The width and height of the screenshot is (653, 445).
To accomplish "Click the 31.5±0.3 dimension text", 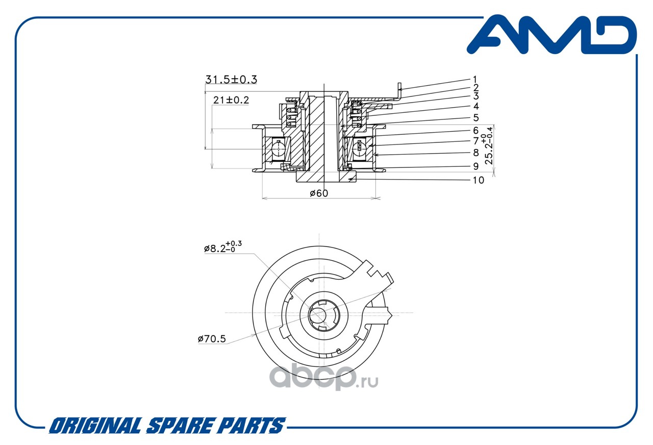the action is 231,80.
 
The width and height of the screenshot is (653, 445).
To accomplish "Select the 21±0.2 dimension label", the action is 231,100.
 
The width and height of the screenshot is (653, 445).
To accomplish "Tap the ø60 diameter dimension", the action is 319,193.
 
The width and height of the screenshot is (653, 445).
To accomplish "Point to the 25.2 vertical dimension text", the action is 490,145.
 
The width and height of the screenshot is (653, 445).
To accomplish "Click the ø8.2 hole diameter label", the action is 222,248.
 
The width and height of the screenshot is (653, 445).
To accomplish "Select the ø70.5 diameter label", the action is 211,338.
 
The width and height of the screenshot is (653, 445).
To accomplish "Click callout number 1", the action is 474,79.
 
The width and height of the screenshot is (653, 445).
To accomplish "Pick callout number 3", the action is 475,96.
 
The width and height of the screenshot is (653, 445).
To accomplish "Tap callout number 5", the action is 475,118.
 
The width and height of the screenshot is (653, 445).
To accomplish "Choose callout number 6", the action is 475,130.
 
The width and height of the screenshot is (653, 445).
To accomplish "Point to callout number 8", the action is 475,153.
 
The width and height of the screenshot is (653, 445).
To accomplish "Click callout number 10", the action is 478,180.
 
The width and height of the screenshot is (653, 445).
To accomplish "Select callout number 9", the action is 475,166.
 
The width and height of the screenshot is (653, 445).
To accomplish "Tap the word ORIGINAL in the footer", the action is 94,426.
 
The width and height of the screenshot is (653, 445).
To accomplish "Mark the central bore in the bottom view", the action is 320,315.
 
